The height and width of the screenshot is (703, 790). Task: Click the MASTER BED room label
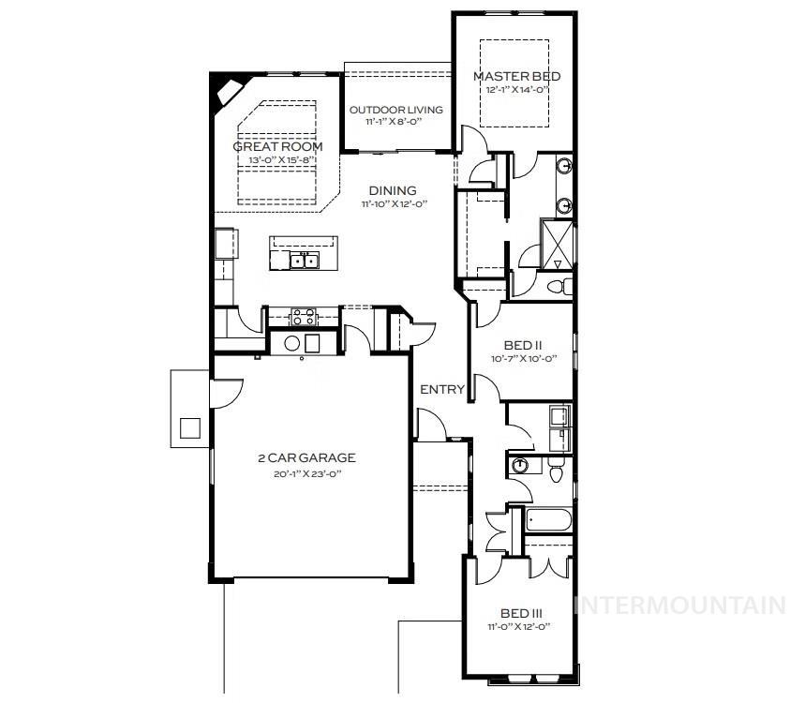(x=511, y=76)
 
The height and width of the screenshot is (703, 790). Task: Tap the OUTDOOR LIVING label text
(x=396, y=110)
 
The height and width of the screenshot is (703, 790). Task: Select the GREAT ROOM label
(x=277, y=147)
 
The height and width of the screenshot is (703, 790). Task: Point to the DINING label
(x=393, y=190)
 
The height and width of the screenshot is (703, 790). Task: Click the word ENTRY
(x=441, y=389)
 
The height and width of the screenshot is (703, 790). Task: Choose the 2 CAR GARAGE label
(x=306, y=458)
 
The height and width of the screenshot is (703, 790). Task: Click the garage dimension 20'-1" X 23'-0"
(x=306, y=473)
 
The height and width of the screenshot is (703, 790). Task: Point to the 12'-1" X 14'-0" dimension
(x=511, y=89)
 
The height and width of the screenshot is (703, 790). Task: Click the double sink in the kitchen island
(x=304, y=261)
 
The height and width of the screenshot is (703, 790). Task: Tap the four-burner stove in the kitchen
(x=303, y=317)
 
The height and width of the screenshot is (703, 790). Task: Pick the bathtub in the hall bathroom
(x=547, y=521)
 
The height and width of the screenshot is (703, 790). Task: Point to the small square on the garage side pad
(x=190, y=427)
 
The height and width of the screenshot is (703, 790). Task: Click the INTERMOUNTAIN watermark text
(x=679, y=606)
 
